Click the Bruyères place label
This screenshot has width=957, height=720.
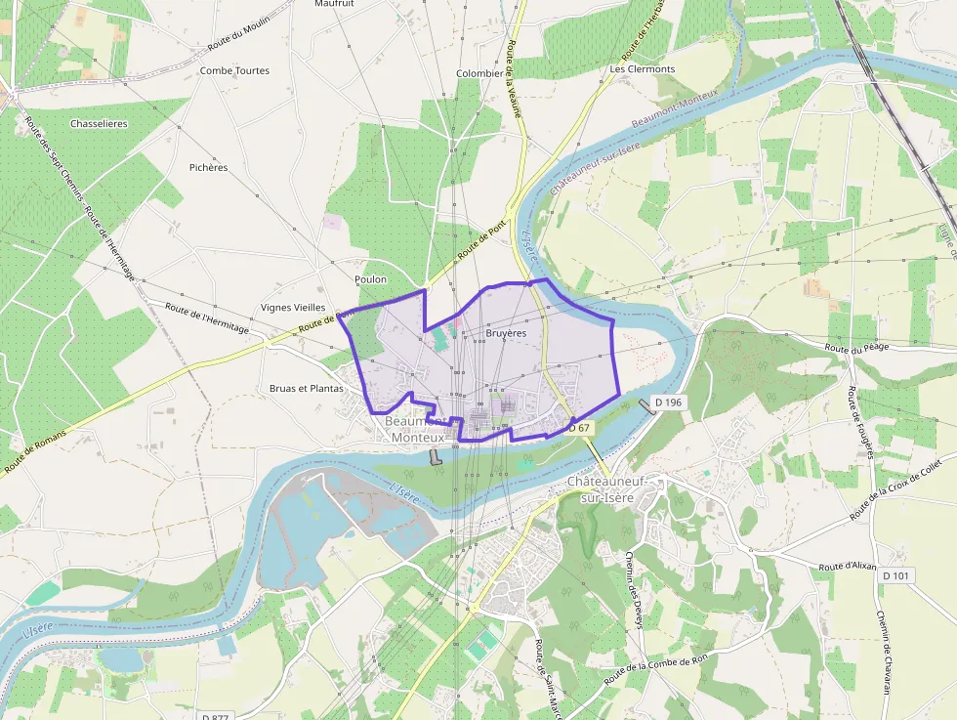505,333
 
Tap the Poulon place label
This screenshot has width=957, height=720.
371,279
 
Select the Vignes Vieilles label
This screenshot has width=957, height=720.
293,307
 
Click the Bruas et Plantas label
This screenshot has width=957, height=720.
307,388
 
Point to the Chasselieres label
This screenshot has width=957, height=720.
99,124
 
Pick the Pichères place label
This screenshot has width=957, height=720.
208,167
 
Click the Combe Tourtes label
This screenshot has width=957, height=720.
234,70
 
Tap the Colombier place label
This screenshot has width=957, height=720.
479,73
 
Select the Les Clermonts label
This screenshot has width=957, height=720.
643,69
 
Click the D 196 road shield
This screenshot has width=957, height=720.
669,402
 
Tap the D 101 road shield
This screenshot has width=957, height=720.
895,575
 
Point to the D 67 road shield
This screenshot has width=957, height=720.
580,428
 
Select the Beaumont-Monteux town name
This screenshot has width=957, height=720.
417,430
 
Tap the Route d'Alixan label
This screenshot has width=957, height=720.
848,567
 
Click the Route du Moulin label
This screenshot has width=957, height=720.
238,39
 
